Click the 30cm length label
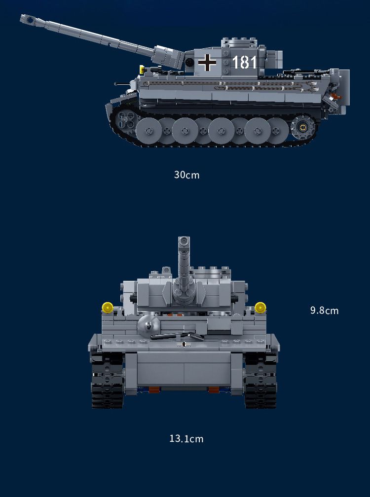[x=187, y=175]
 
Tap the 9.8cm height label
[x=324, y=310]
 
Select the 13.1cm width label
[x=186, y=439]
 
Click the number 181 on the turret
[x=244, y=63]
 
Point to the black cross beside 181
[x=207, y=62]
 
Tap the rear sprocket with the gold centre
[x=303, y=127]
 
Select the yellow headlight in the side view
[x=142, y=69]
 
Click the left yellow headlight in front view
[x=108, y=308]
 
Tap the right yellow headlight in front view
[x=260, y=308]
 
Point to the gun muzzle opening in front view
[x=184, y=241]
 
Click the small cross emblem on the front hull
[x=184, y=344]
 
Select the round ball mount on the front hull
[x=148, y=325]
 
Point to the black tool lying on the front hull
[x=177, y=336]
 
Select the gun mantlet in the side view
[x=170, y=57]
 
